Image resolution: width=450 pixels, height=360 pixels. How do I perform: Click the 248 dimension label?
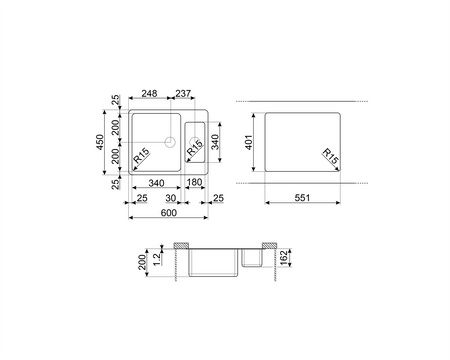[x=149, y=94]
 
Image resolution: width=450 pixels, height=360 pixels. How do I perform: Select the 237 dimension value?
[x=183, y=94]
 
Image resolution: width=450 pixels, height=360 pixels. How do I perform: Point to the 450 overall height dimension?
[x=100, y=142]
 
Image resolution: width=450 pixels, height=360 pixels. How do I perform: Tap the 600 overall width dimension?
[x=169, y=213]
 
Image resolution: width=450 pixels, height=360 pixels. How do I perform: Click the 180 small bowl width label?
[x=194, y=182]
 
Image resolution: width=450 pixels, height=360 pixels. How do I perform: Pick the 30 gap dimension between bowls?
[x=171, y=198]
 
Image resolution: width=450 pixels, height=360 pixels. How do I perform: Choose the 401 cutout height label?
[x=249, y=142]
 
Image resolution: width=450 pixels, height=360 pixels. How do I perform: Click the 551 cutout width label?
[x=302, y=198]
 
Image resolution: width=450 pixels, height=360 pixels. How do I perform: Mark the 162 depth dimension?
[x=284, y=258]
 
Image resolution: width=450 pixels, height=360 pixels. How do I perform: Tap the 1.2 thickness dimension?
[x=157, y=259]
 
